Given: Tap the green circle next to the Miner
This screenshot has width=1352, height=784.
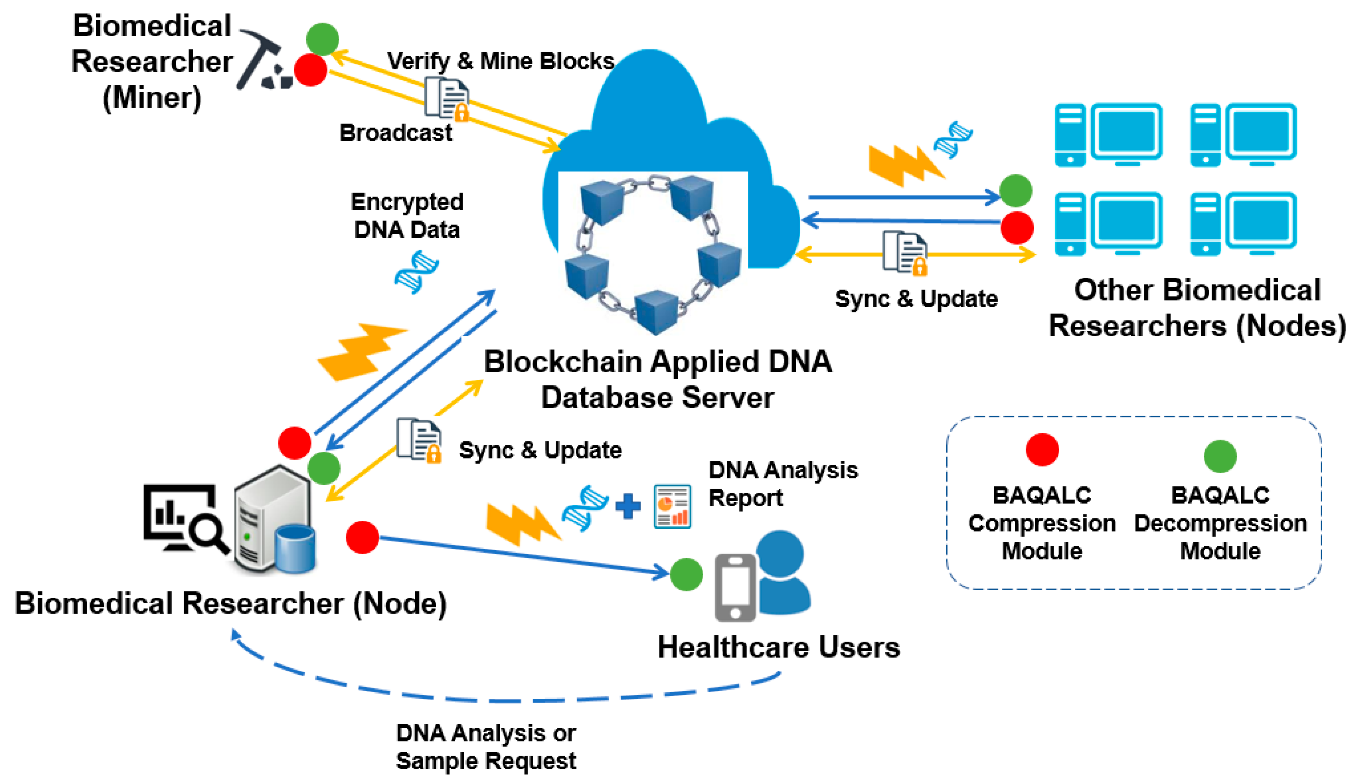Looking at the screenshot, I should click(x=322, y=39).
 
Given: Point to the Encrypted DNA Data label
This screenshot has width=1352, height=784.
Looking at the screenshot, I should click(x=407, y=216).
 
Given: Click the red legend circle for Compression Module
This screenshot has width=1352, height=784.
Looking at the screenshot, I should click(x=1041, y=450).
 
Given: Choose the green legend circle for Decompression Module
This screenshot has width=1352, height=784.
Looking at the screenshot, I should click(x=1220, y=456).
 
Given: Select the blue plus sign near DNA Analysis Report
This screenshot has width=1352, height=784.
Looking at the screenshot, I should click(x=627, y=506).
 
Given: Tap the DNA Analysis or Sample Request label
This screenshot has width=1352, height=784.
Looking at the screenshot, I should click(x=486, y=746).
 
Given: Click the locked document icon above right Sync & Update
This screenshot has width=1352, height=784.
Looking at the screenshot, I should click(x=905, y=252).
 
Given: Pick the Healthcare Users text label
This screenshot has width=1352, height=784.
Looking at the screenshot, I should click(x=779, y=647).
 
